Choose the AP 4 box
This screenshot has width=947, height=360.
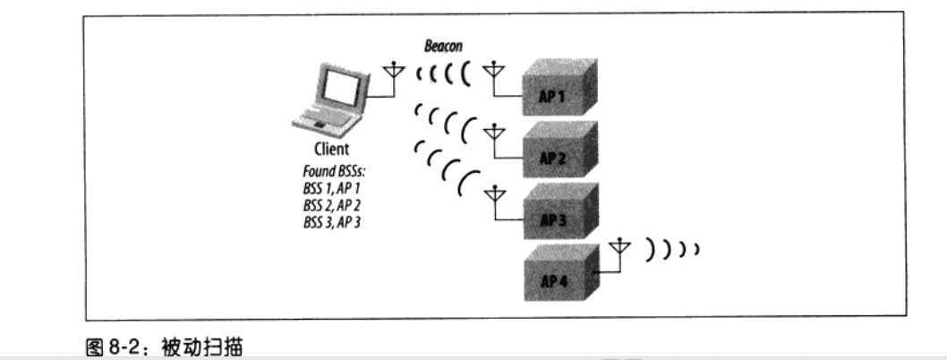tap(555, 279)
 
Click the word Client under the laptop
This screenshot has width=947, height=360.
tap(330, 150)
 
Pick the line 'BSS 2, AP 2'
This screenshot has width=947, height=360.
tap(331, 204)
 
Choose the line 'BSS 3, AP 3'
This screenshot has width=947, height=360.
tap(331, 221)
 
